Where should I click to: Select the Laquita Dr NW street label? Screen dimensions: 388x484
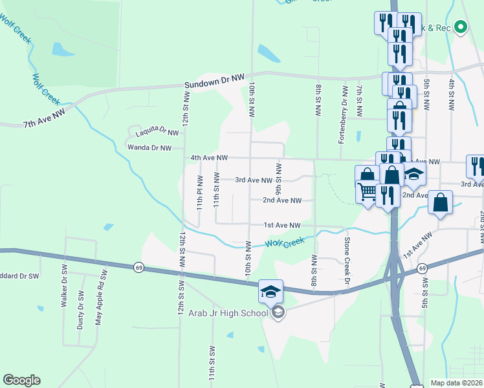click(x=157, y=133)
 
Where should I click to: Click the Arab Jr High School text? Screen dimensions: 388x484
click(x=228, y=313)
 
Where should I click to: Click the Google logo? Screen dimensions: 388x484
click(x=21, y=380)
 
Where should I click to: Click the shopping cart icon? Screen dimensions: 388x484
click(x=367, y=191)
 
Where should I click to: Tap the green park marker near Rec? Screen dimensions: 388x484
click(x=461, y=27)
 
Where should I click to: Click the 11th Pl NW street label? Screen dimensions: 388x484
click(x=201, y=191)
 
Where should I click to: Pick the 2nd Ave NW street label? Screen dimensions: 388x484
click(x=281, y=200)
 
